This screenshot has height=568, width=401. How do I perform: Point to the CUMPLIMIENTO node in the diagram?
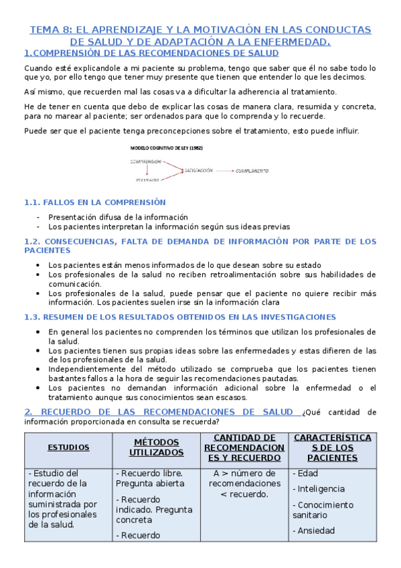pos(252,171)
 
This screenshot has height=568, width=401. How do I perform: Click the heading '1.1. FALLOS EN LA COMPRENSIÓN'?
pos(94,202)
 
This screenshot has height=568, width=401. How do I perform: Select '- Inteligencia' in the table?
pos(319,489)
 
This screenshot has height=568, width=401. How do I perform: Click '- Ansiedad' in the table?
pos(314,531)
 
